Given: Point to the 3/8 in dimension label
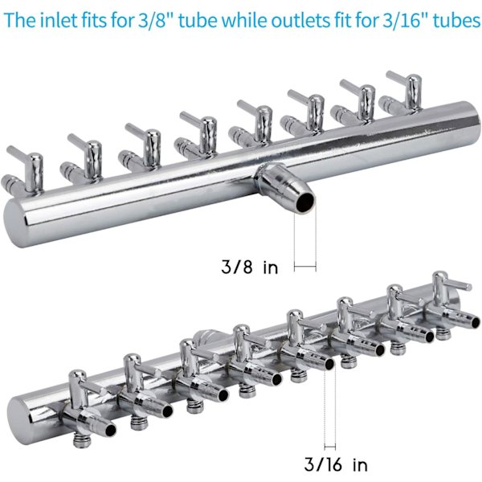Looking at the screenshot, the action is click(x=250, y=267).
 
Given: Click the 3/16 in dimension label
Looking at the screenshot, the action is click(x=336, y=464).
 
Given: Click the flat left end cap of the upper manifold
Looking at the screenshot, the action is click(x=13, y=223).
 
